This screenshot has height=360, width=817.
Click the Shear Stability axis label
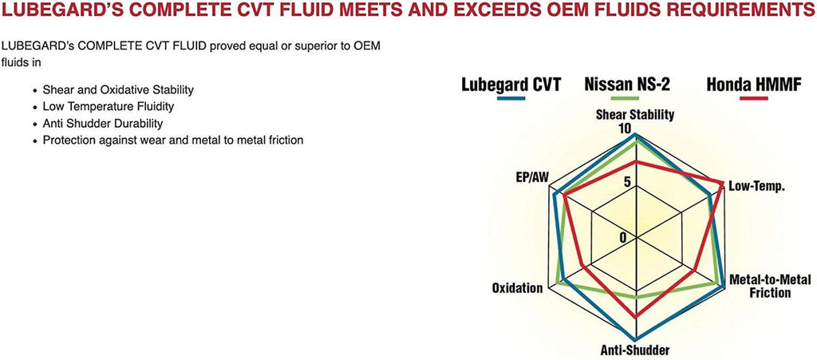(x=635, y=114)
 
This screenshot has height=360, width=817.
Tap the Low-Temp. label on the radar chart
(x=756, y=186)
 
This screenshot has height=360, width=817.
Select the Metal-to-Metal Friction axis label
(x=770, y=286)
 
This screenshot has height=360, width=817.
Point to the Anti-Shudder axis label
(x=634, y=350)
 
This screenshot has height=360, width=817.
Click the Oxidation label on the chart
(x=518, y=287)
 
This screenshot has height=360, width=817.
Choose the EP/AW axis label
(x=532, y=177)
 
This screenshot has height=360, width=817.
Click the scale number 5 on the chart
(x=626, y=181)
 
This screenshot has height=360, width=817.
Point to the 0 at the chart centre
(x=624, y=237)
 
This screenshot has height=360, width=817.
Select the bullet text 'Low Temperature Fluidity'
(x=109, y=106)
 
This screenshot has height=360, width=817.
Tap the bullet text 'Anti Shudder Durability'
(x=105, y=123)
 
